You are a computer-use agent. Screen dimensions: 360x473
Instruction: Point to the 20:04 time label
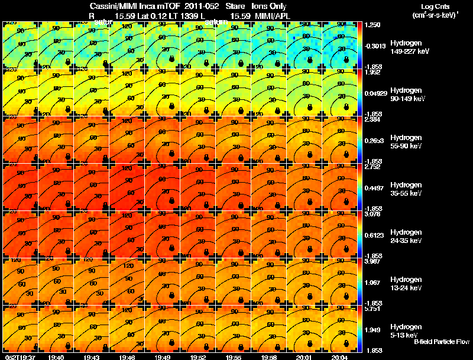pos(340,356)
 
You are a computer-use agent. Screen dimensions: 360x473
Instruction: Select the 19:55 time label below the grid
pos(233,356)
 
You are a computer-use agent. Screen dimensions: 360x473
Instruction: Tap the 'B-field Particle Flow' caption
pos(441,342)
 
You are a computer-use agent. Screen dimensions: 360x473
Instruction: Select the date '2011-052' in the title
pos(193,7)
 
